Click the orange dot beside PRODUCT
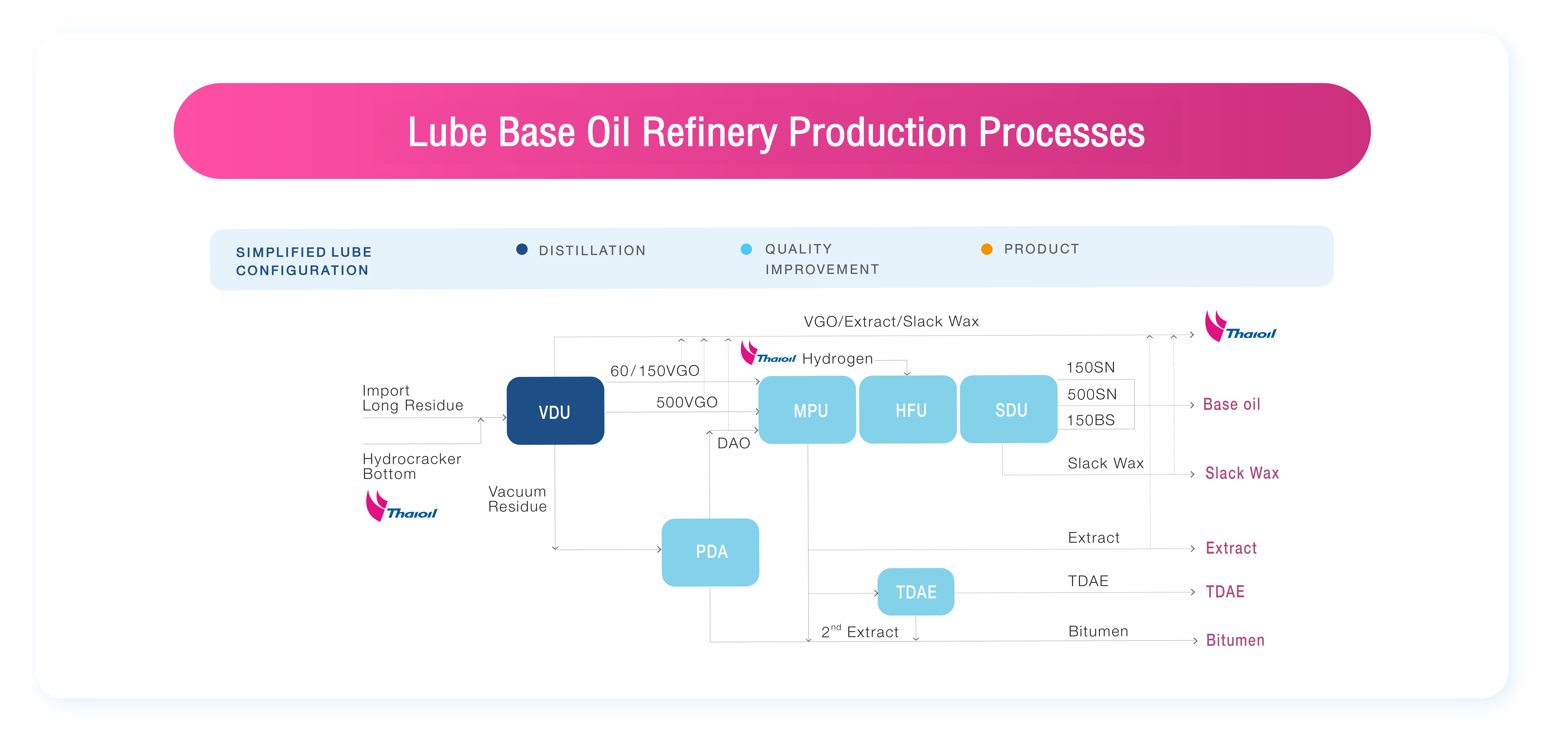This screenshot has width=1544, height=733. click(987, 249)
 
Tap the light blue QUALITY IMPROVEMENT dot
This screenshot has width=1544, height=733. click(746, 249)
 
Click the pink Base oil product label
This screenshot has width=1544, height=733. click(1232, 404)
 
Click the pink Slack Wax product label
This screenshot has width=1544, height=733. click(1242, 473)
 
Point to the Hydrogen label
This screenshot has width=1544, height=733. click(837, 359)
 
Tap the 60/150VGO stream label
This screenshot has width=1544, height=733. click(655, 371)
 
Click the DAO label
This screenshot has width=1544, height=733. click(734, 443)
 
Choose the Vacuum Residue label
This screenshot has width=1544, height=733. click(517, 499)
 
